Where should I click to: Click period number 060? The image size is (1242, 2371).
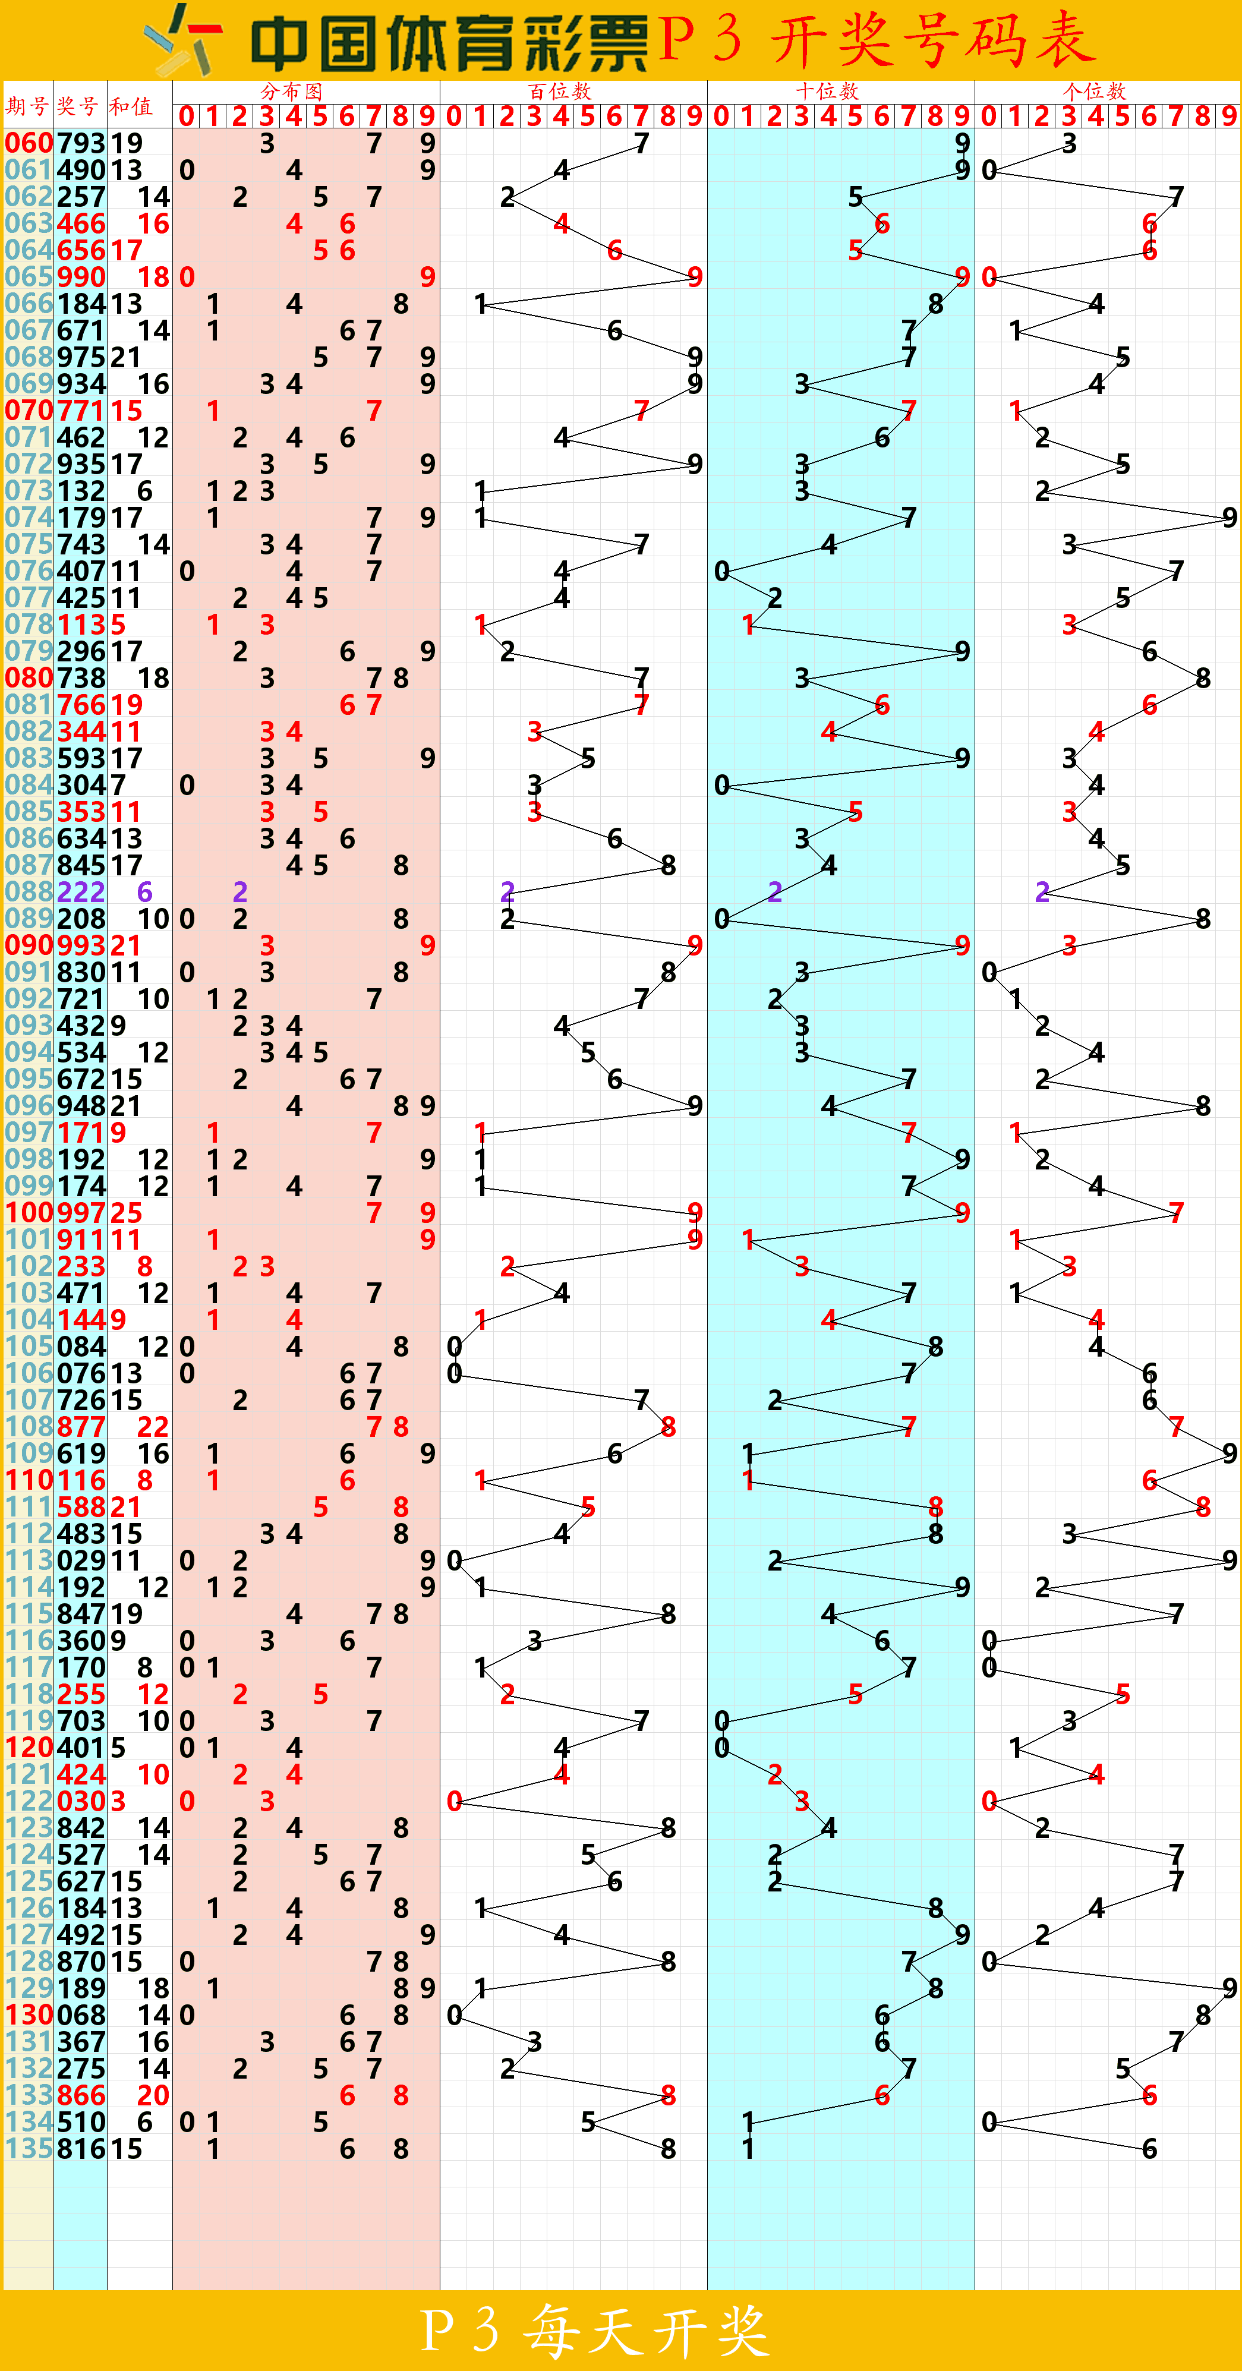coord(29,143)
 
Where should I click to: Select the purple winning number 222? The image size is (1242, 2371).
coord(81,891)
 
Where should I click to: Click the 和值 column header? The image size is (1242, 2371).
coord(131,106)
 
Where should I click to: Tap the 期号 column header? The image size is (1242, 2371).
coord(27,106)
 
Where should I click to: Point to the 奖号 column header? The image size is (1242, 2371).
coord(77,106)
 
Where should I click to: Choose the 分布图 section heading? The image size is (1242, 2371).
coord(292,91)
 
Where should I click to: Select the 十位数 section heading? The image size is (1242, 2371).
coord(827,91)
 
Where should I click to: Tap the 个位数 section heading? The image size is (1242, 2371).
coord(1094,91)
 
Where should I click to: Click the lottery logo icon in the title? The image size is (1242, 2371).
coord(182,40)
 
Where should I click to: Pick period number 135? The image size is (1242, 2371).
coord(29,2148)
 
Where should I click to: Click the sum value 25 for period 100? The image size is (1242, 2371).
coord(126,1212)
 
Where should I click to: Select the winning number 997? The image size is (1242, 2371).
coord(81,1212)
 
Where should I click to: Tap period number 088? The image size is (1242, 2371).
coord(29,891)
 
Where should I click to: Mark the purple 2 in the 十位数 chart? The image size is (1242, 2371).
coord(776,891)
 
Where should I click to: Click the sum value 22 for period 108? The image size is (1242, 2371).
coord(153,1427)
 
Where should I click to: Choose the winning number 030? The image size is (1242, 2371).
coord(81,1801)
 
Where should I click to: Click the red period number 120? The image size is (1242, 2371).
coord(29,1747)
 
